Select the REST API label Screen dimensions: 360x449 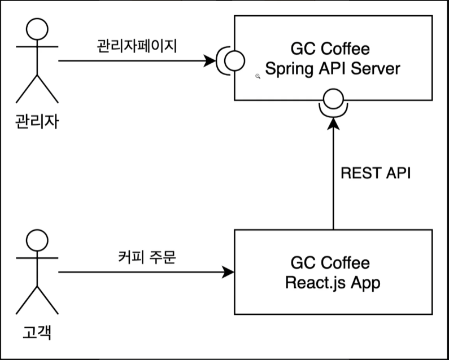[376, 173]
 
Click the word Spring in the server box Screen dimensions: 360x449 [287, 69]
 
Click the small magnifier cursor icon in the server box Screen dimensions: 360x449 [258, 76]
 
